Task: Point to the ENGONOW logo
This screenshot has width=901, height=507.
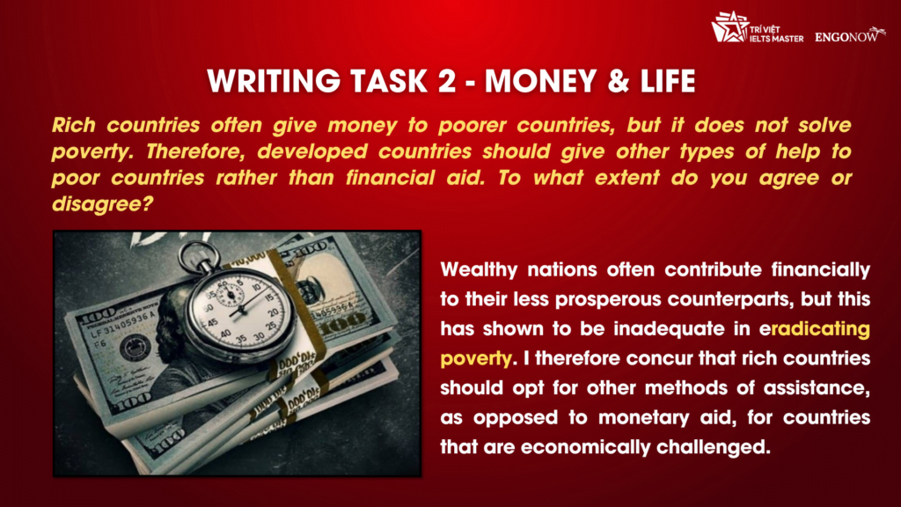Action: (x=849, y=37)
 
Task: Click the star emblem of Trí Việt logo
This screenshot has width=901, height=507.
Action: (x=729, y=27)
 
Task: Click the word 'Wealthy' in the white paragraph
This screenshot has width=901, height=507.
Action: (x=481, y=269)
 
